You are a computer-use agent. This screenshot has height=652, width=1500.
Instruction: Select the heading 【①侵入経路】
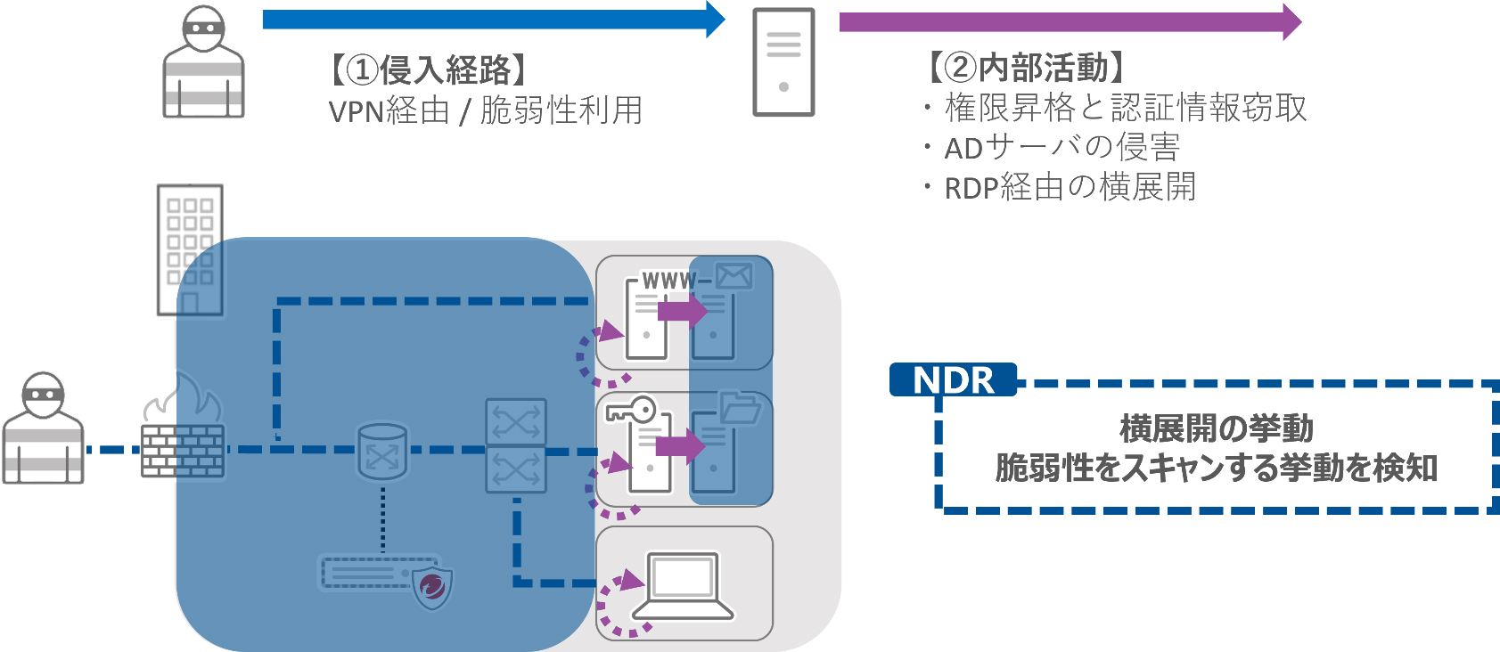coord(429,69)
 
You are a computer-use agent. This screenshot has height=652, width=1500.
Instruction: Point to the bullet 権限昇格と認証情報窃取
coord(1125,108)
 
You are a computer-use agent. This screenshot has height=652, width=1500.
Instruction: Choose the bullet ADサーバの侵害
coord(1061,147)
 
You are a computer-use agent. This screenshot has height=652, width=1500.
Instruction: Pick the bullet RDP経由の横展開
coord(1070,187)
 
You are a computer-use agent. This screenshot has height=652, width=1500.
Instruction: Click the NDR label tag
coord(953,380)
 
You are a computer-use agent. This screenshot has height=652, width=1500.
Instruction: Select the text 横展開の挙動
coord(1217,428)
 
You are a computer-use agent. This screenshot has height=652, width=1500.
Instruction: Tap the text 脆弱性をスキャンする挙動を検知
coord(1217,468)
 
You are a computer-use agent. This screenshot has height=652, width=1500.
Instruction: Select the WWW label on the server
coord(668,281)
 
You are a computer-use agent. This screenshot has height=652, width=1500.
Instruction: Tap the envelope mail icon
coord(734,276)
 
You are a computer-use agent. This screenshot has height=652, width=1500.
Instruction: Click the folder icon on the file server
coord(740,408)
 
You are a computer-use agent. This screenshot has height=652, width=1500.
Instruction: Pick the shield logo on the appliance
coord(432,587)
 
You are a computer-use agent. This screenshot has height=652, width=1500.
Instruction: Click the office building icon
coord(190,249)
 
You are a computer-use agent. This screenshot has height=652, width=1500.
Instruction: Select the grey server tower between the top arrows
coord(783,62)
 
